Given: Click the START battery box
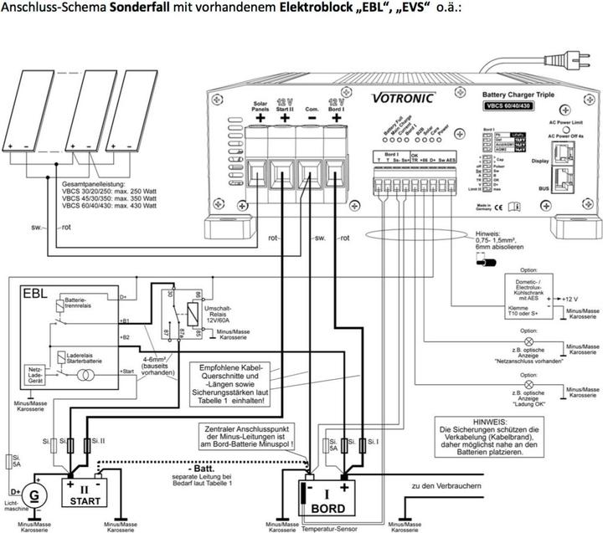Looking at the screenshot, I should point(85,491).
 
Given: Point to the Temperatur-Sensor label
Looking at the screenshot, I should point(330,529).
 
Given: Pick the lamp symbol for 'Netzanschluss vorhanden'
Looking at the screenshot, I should point(528,343).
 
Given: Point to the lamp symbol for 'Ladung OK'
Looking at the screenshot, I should point(528,386).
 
